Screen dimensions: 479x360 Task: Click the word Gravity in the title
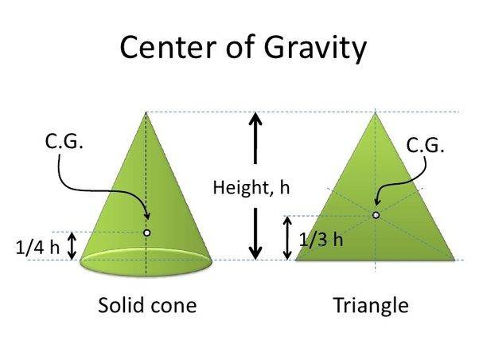pyautogui.click(x=315, y=49)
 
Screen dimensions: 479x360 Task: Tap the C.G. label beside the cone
pyautogui.click(x=64, y=142)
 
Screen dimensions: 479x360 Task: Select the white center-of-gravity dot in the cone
pyautogui.click(x=147, y=233)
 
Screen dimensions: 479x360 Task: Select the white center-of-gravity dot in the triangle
pyautogui.click(x=376, y=215)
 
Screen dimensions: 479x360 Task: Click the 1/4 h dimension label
pyautogui.click(x=37, y=248)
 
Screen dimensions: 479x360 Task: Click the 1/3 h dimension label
pyautogui.click(x=321, y=240)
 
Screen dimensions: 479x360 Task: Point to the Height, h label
pyautogui.click(x=251, y=187)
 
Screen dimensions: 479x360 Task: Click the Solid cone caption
pyautogui.click(x=147, y=305)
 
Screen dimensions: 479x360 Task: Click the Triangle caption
pyautogui.click(x=371, y=306)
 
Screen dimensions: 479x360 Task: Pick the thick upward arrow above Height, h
pyautogui.click(x=255, y=139)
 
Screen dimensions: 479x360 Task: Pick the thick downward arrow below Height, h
pyautogui.click(x=255, y=233)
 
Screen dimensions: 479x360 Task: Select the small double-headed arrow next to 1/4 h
pyautogui.click(x=72, y=246)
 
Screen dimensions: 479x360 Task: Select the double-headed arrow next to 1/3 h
pyautogui.click(x=287, y=237)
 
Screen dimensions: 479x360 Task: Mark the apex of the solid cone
pyautogui.click(x=146, y=112)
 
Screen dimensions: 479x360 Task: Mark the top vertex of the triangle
pyautogui.click(x=375, y=113)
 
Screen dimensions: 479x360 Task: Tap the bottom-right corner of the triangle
pyautogui.click(x=454, y=260)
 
